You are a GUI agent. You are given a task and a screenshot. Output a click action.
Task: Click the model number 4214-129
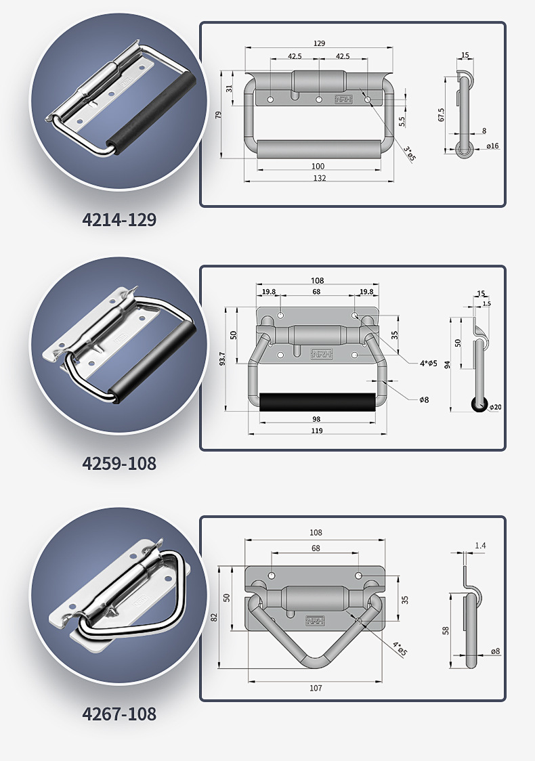pos(119,220)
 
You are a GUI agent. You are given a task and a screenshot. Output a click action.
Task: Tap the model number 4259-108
pos(119,464)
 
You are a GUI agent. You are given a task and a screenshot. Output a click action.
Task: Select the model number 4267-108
pos(119,714)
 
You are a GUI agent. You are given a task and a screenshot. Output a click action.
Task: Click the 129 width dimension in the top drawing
pos(319,43)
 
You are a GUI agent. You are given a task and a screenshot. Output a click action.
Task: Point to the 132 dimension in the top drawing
pos(319,178)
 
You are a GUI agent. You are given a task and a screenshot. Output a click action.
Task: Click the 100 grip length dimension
pos(318,166)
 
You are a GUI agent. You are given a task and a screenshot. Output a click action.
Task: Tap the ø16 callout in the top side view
pos(492,146)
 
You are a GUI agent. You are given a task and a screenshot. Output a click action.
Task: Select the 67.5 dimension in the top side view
pos(441,115)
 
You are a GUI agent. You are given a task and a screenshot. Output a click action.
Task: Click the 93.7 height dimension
pos(222,359)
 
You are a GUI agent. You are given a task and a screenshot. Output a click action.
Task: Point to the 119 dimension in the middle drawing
pos(316,431)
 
